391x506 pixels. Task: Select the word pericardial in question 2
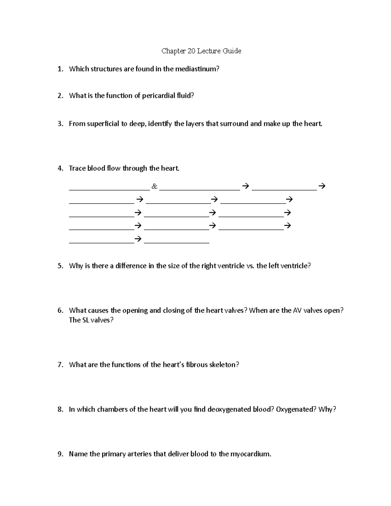pos(157,95)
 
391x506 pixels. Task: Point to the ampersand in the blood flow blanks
pos(154,186)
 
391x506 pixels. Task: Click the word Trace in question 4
pos(77,168)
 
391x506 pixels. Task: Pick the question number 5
pos(60,266)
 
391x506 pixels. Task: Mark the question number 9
pos(60,454)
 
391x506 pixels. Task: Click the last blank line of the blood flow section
pos(177,242)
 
